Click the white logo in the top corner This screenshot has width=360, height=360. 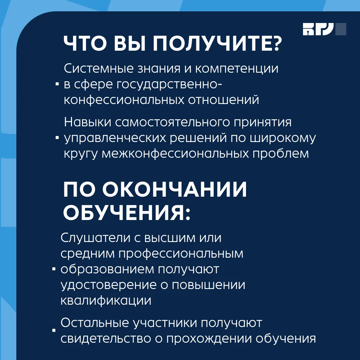[x=324, y=29]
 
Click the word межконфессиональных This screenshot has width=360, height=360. [x=175, y=154]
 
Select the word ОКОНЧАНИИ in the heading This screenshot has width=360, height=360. [x=174, y=189]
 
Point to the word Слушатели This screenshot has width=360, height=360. [x=95, y=238]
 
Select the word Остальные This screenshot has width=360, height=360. [x=95, y=323]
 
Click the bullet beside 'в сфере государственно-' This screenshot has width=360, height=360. [x=57, y=84]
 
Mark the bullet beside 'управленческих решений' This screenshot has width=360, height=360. [x=57, y=138]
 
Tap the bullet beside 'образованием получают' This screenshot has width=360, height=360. [x=54, y=269]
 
